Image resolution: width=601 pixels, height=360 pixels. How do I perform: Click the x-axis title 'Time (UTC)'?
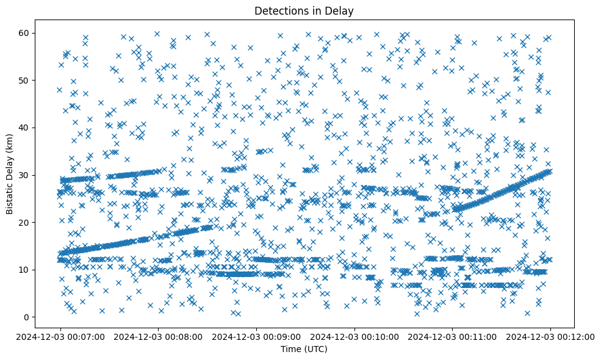tap(304, 349)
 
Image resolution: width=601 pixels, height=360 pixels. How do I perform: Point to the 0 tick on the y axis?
tap(28, 317)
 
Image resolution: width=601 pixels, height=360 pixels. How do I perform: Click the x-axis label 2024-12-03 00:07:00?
tap(60, 336)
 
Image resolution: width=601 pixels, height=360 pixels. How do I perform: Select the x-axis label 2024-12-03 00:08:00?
tap(158, 336)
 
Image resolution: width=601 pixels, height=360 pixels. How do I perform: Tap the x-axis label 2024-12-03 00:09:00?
tap(256, 336)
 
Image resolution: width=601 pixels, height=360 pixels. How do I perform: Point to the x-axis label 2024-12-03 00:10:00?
tap(354, 336)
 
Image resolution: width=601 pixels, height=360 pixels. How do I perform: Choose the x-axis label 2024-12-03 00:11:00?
tap(452, 336)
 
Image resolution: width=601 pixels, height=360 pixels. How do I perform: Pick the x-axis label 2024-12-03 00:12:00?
tap(550, 336)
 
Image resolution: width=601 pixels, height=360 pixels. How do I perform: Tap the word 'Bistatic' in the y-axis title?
tap(10, 196)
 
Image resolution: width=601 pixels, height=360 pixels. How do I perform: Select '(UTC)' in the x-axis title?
tap(316, 349)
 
